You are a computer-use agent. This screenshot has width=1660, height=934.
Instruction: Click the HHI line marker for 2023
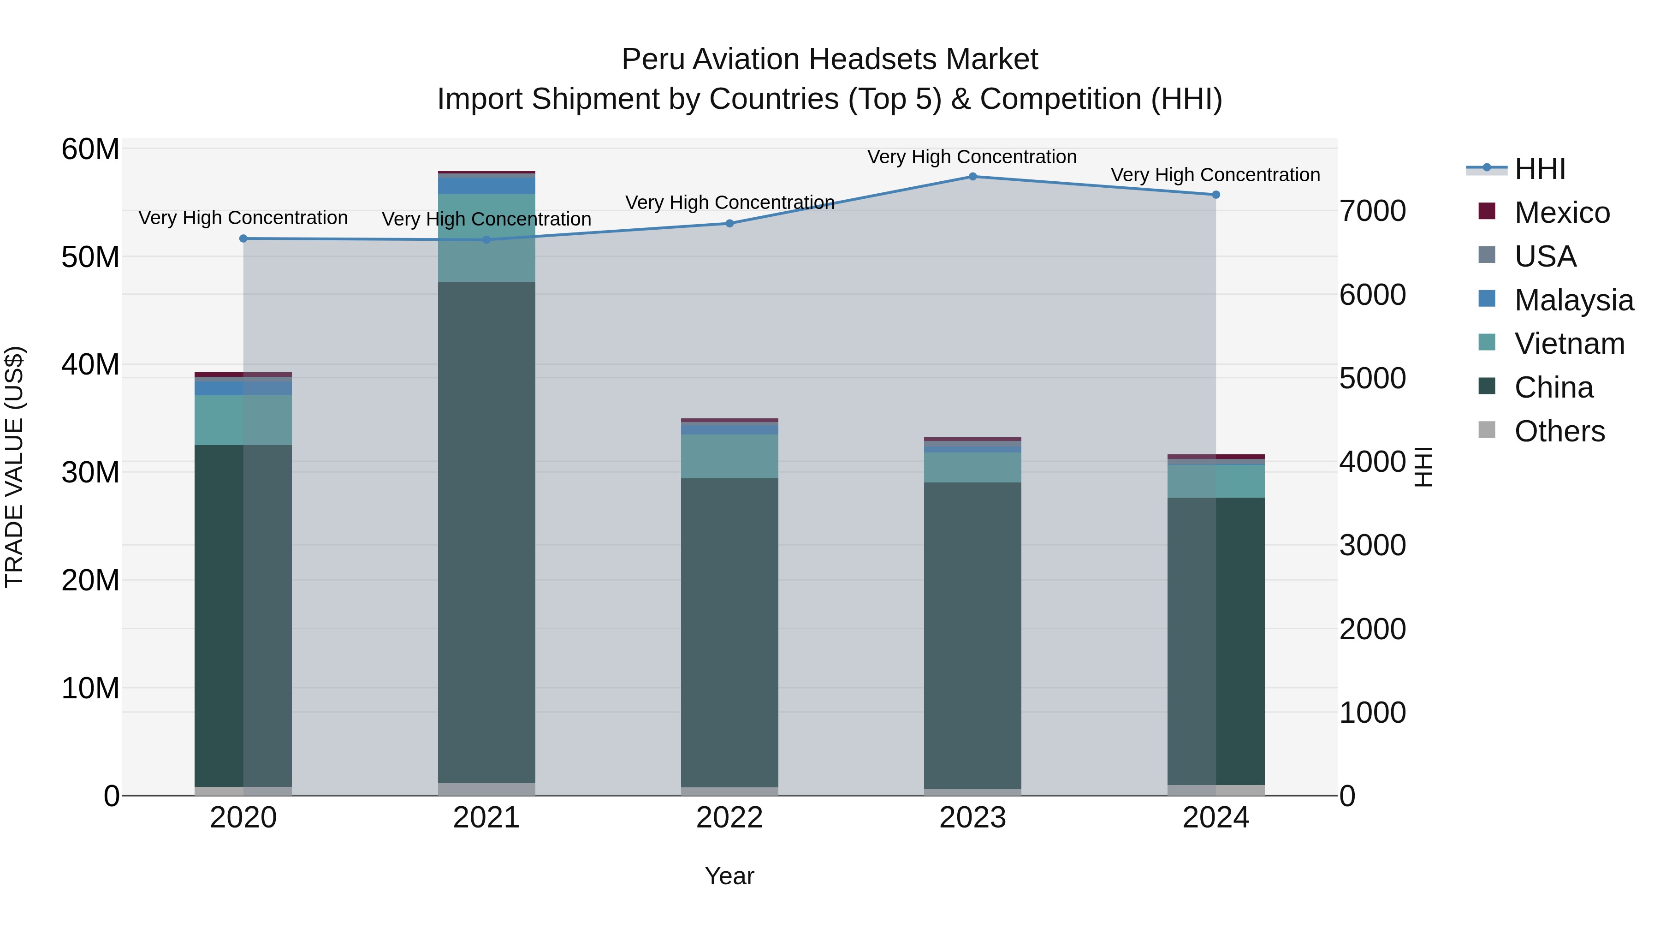972,177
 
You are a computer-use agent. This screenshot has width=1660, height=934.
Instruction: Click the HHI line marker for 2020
243,238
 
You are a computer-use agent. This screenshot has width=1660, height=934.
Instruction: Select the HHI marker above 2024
1215,195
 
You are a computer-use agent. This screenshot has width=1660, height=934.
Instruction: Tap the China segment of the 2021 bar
486,532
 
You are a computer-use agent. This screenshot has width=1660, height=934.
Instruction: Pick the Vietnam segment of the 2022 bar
729,456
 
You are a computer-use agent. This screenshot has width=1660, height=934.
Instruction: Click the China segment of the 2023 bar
972,635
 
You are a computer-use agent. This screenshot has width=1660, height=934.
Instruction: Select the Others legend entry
1559,431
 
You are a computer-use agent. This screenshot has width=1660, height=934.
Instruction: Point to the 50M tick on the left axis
90,257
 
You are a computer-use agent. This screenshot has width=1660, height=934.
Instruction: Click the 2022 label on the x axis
729,818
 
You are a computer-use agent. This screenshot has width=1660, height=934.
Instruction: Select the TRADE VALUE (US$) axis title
14,467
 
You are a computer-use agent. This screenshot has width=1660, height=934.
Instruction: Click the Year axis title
729,876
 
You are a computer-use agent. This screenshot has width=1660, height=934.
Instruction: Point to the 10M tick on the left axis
90,689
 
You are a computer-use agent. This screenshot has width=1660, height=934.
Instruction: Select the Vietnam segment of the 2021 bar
486,238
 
